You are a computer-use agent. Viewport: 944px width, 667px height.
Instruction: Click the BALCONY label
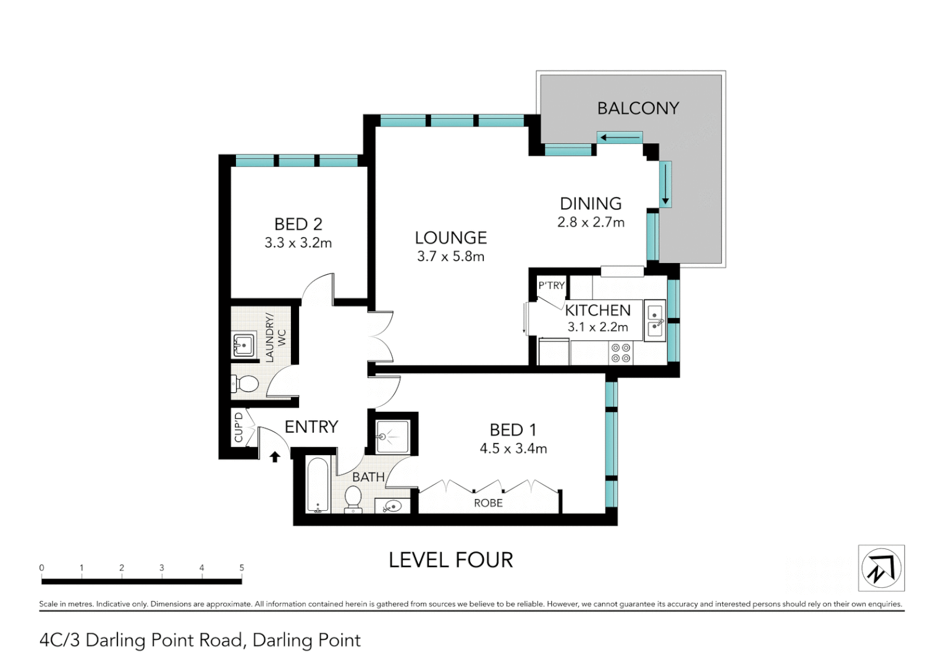coord(638,109)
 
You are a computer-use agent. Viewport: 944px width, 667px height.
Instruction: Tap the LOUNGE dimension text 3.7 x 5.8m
coord(450,256)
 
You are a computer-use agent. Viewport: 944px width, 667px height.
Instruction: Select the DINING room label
coord(591,204)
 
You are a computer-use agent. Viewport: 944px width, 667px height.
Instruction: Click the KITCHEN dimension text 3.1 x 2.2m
coord(597,327)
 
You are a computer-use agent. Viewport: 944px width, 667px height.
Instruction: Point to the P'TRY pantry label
coord(551,285)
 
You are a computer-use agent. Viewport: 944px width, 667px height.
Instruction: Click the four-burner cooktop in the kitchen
coord(621,353)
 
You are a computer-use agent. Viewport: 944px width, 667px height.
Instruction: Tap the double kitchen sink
coord(655,321)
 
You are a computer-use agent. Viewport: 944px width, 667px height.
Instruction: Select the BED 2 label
coord(298,224)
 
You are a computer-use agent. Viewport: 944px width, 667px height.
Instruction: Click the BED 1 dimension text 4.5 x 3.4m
coord(513,449)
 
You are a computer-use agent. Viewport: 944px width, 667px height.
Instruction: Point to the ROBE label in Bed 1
coord(488,503)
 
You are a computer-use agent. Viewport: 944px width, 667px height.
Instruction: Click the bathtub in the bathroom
coord(318,485)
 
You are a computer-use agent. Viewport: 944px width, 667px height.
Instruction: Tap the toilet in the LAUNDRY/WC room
coord(245,384)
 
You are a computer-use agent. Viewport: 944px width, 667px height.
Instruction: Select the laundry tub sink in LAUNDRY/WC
coord(244,345)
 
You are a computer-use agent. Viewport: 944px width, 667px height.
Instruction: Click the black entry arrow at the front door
coord(275,456)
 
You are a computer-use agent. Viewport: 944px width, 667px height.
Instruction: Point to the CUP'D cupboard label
coord(238,427)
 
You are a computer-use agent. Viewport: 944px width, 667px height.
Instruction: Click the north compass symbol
coord(881,568)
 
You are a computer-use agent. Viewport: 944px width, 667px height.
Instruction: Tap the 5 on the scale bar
coord(242,568)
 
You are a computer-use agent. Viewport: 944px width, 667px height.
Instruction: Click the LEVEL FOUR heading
coord(450,560)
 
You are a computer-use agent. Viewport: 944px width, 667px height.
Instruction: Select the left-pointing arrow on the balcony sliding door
coord(620,138)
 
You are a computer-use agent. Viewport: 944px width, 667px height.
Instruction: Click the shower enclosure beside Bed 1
coord(392,437)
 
